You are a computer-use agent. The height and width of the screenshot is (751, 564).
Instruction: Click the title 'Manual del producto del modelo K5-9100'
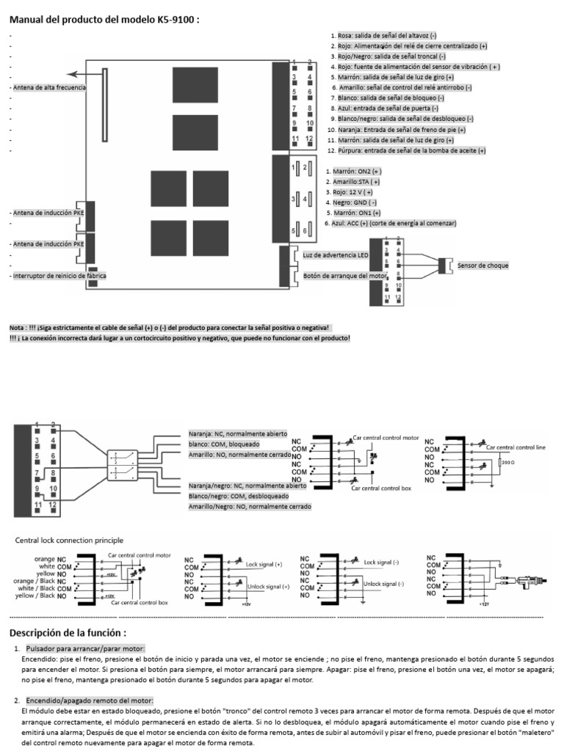[104, 20]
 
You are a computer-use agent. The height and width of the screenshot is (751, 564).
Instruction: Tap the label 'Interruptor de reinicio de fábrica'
[48, 276]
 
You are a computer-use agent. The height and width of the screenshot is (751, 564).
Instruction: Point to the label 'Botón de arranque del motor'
[344, 276]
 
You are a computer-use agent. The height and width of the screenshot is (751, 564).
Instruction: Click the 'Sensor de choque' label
[482, 265]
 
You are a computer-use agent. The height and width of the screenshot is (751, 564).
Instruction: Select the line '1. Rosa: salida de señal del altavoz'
[383, 35]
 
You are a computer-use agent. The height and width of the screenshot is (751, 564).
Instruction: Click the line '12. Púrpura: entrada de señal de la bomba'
[406, 150]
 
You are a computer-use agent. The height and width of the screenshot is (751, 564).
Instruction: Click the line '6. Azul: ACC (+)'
[391, 222]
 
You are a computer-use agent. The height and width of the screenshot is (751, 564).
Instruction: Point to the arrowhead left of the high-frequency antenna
[70, 73]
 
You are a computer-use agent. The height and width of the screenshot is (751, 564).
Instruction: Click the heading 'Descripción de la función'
[68, 632]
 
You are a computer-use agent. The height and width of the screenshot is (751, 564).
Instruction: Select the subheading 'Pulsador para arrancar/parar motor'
[85, 649]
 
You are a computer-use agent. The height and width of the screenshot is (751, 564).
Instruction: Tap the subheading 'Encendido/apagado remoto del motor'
[89, 701]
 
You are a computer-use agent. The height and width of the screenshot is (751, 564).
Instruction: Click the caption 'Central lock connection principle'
[70, 540]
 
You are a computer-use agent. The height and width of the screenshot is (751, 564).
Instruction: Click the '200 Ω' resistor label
[507, 463]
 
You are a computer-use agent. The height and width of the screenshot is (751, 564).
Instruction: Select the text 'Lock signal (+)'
[264, 565]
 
